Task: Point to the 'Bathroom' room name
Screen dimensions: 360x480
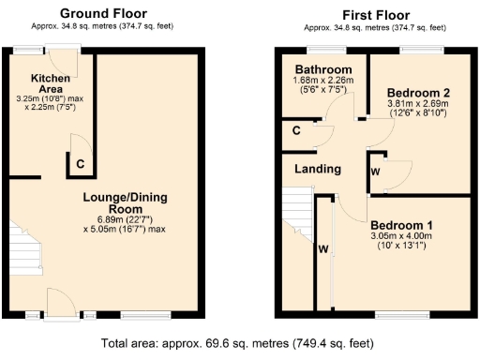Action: pos(322,70)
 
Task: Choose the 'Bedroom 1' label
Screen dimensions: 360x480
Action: pos(401,225)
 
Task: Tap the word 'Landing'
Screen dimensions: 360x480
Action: pos(317,170)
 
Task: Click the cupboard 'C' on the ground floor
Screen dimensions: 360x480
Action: pos(82,162)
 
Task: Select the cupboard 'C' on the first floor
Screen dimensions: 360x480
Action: pos(296,130)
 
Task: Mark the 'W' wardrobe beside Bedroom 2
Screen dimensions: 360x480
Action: pos(375,172)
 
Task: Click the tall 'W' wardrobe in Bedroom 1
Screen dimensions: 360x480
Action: pos(323,249)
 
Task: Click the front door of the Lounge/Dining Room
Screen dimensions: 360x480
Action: pos(62,302)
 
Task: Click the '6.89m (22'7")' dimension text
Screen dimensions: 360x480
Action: pos(124,218)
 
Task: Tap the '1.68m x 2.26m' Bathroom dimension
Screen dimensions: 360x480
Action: pos(322,82)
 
